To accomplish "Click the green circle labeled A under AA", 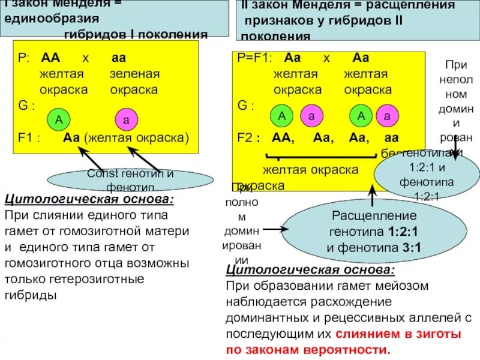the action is click(x=59, y=119).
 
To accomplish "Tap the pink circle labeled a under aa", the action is click(x=126, y=119).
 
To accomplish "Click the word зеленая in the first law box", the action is click(x=134, y=74).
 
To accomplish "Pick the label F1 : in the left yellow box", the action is click(x=29, y=137).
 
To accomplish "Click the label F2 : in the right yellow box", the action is click(x=249, y=137).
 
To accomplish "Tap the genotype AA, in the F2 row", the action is click(x=283, y=137).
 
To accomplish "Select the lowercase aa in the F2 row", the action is click(x=391, y=137).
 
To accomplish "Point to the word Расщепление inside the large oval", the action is click(x=365, y=216).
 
